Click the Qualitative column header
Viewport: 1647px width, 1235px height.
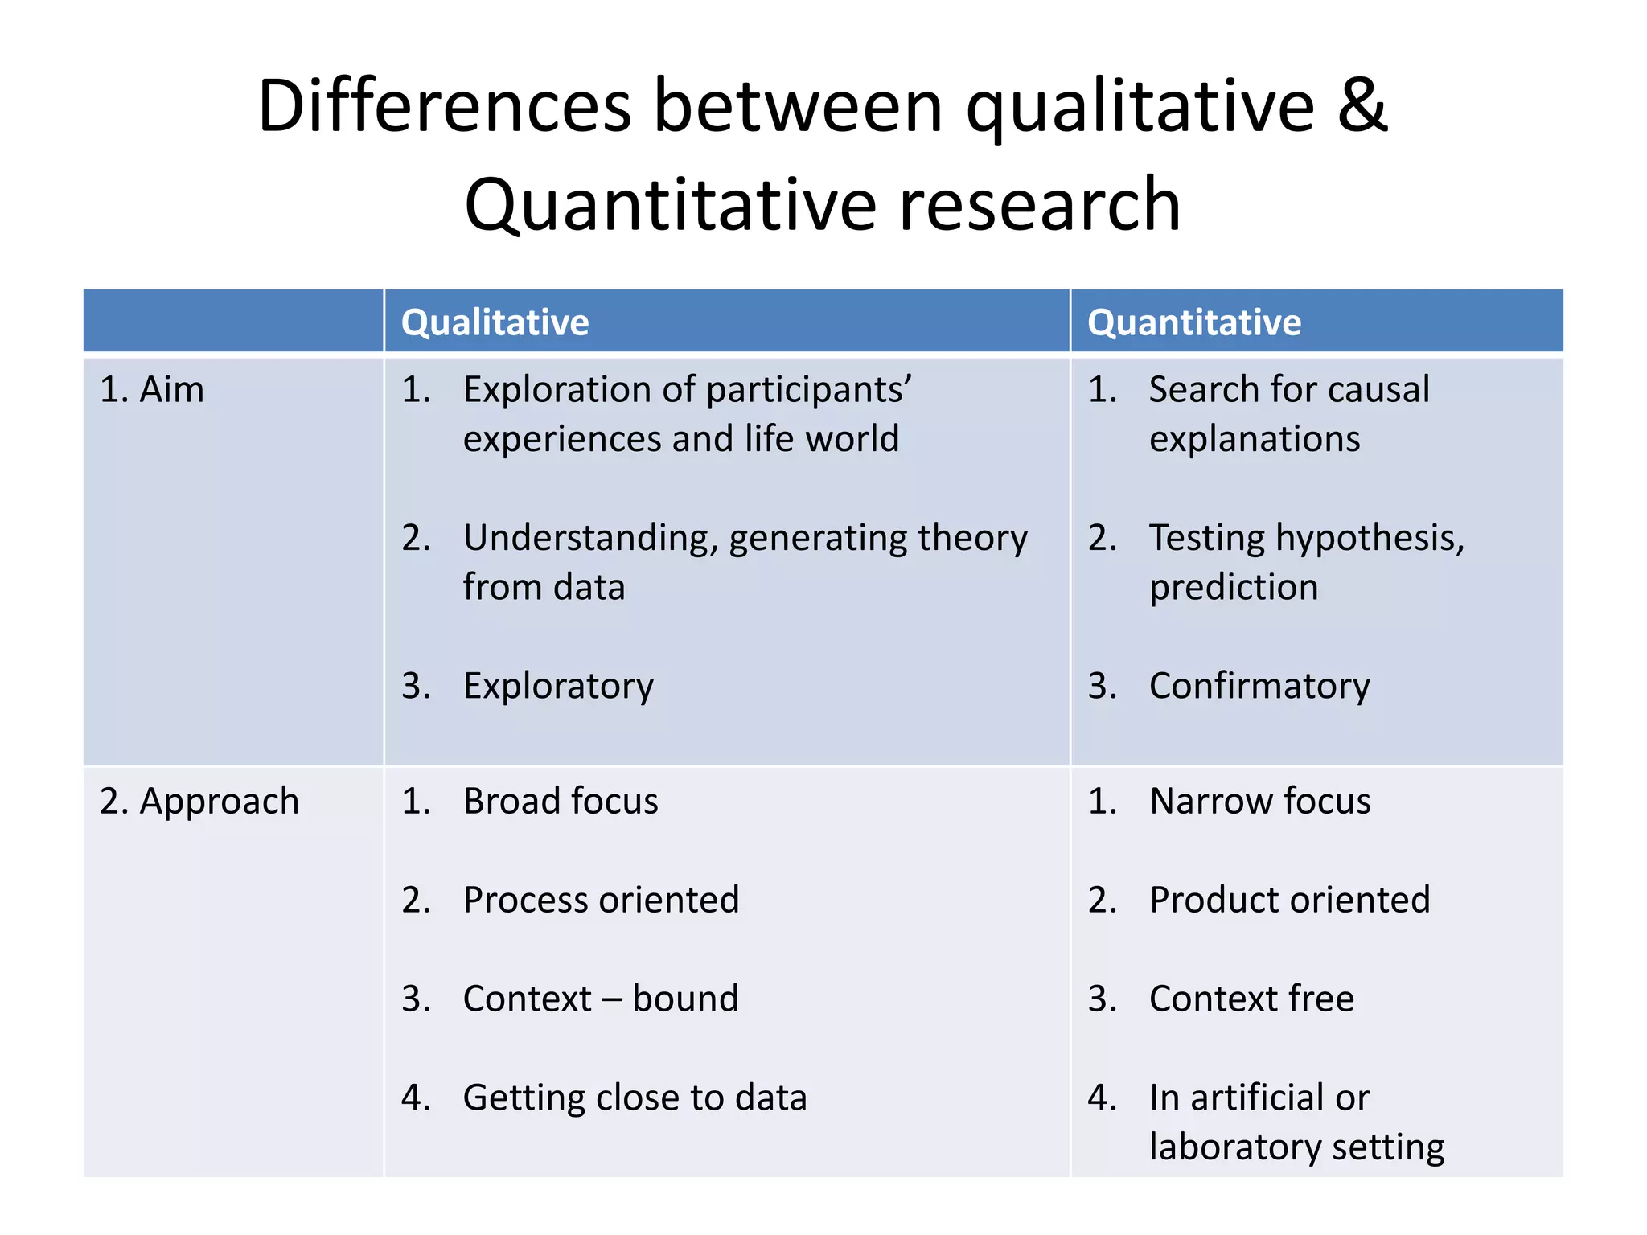coord(495,322)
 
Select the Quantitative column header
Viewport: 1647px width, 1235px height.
coord(1193,322)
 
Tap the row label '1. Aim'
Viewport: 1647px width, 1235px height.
coord(152,390)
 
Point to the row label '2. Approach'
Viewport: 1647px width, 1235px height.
coord(199,802)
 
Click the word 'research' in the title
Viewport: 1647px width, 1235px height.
coord(1039,205)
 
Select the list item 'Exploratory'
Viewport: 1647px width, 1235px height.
coord(558,687)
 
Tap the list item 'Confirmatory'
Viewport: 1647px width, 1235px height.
coord(1259,687)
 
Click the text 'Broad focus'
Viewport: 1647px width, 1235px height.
coord(561,802)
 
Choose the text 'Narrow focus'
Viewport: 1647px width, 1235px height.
coord(1259,802)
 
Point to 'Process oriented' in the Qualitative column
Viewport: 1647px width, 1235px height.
coord(601,900)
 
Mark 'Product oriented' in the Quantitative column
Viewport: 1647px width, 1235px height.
coord(1289,900)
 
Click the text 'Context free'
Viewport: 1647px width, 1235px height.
coord(1251,999)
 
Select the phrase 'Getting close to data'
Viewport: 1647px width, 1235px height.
coord(635,1098)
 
